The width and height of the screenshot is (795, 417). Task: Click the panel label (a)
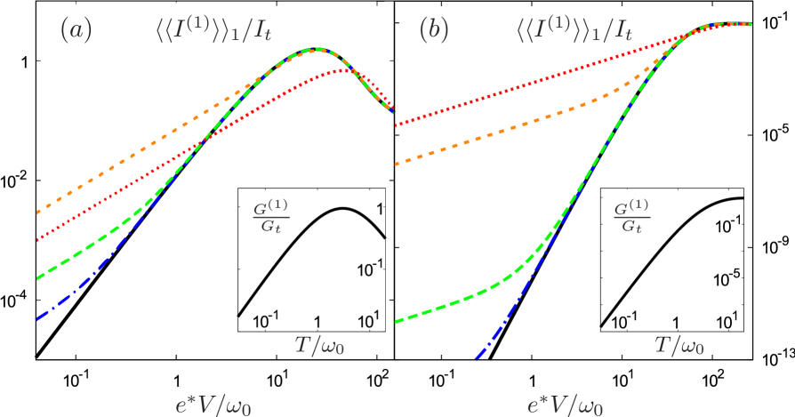coord(76,30)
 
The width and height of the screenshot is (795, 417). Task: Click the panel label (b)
coord(432,30)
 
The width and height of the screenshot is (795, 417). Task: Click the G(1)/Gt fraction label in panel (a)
coord(267,216)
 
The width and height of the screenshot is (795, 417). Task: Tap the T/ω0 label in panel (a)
coord(319,345)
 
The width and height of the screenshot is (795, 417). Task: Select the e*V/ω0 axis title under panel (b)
coord(565,406)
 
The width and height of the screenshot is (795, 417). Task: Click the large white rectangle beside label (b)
coord(478,43)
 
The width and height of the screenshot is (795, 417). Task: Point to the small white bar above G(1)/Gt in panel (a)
coord(257,194)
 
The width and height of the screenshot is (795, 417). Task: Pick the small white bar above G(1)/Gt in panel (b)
coord(621,193)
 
